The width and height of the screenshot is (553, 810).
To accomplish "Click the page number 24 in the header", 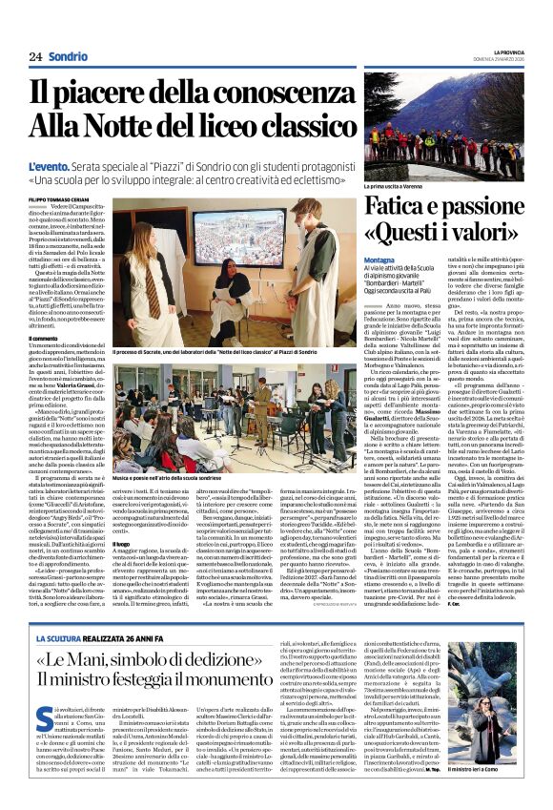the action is pos(35,56).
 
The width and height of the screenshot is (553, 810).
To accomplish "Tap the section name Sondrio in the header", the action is pos(68,56).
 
